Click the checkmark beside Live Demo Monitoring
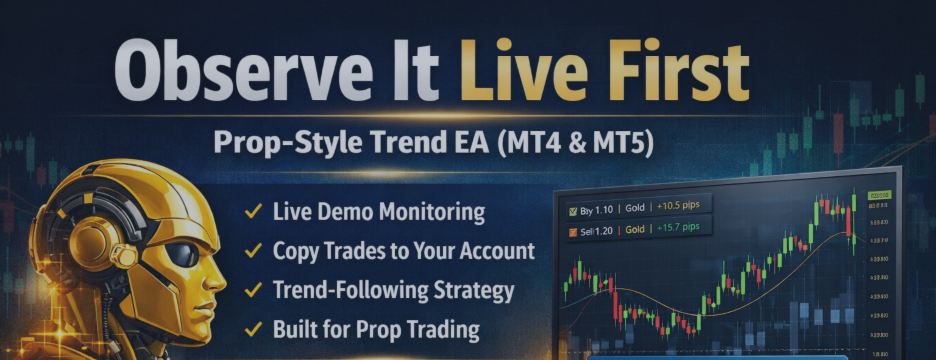click(254, 212)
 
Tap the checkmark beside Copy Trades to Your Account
click(254, 251)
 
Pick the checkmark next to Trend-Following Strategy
click(254, 290)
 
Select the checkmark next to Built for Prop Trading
click(254, 329)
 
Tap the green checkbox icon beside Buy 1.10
click(572, 210)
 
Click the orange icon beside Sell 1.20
click(572, 232)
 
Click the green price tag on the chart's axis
click(880, 193)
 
